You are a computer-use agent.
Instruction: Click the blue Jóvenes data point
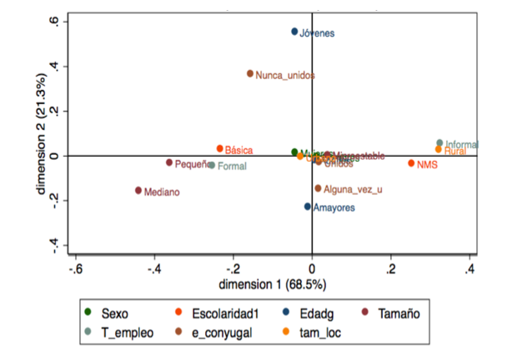pos(294,32)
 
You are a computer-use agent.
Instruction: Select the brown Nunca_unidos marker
pos(250,73)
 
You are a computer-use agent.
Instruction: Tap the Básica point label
pos(238,150)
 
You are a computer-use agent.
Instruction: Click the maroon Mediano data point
pos(138,191)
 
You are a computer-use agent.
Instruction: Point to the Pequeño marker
pos(169,162)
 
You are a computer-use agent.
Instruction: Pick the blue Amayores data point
pos(308,206)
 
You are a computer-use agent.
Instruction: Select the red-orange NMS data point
pos(411,163)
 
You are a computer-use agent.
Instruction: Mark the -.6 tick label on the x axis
pos(75,269)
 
